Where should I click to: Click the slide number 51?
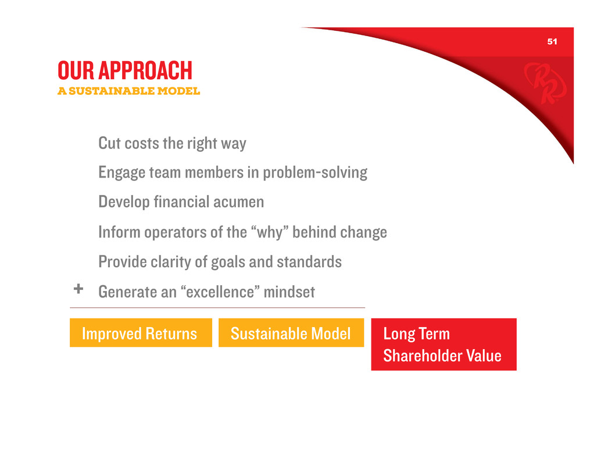(x=552, y=41)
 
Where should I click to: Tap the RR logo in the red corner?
(x=545, y=83)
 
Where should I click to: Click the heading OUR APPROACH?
(x=125, y=70)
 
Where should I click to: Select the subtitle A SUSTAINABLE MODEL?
(x=129, y=91)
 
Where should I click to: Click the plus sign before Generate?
(x=78, y=289)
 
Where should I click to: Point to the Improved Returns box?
(x=141, y=333)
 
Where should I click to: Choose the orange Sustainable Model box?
(x=291, y=333)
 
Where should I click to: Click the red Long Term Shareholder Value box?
(x=444, y=344)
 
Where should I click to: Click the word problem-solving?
(x=315, y=173)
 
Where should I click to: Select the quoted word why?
(x=270, y=233)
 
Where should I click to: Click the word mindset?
(x=289, y=292)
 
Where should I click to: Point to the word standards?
(x=309, y=262)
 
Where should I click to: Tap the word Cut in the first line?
(x=110, y=143)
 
